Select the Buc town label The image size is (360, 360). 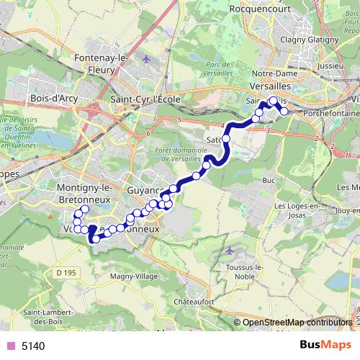(270, 180)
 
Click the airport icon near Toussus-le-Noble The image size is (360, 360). (230, 251)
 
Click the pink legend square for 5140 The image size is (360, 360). (10, 346)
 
